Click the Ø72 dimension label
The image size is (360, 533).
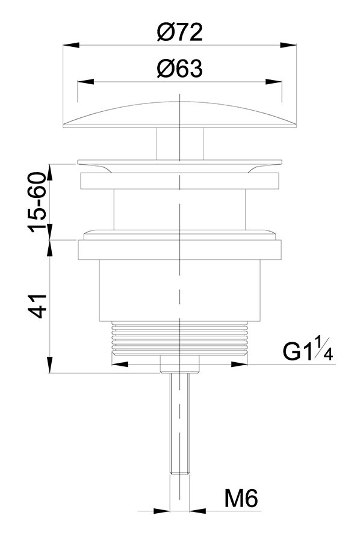(179, 32)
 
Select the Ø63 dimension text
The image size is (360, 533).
(179, 69)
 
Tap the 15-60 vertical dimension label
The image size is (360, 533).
(37, 203)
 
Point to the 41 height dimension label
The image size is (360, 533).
(37, 306)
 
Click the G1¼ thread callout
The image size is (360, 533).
(308, 349)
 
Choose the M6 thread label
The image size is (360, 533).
(241, 499)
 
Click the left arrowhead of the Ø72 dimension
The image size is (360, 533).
(71, 45)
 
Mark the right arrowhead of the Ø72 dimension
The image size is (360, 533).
(288, 45)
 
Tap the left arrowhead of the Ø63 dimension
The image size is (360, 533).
(85, 82)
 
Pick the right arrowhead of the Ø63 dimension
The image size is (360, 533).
(274, 82)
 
